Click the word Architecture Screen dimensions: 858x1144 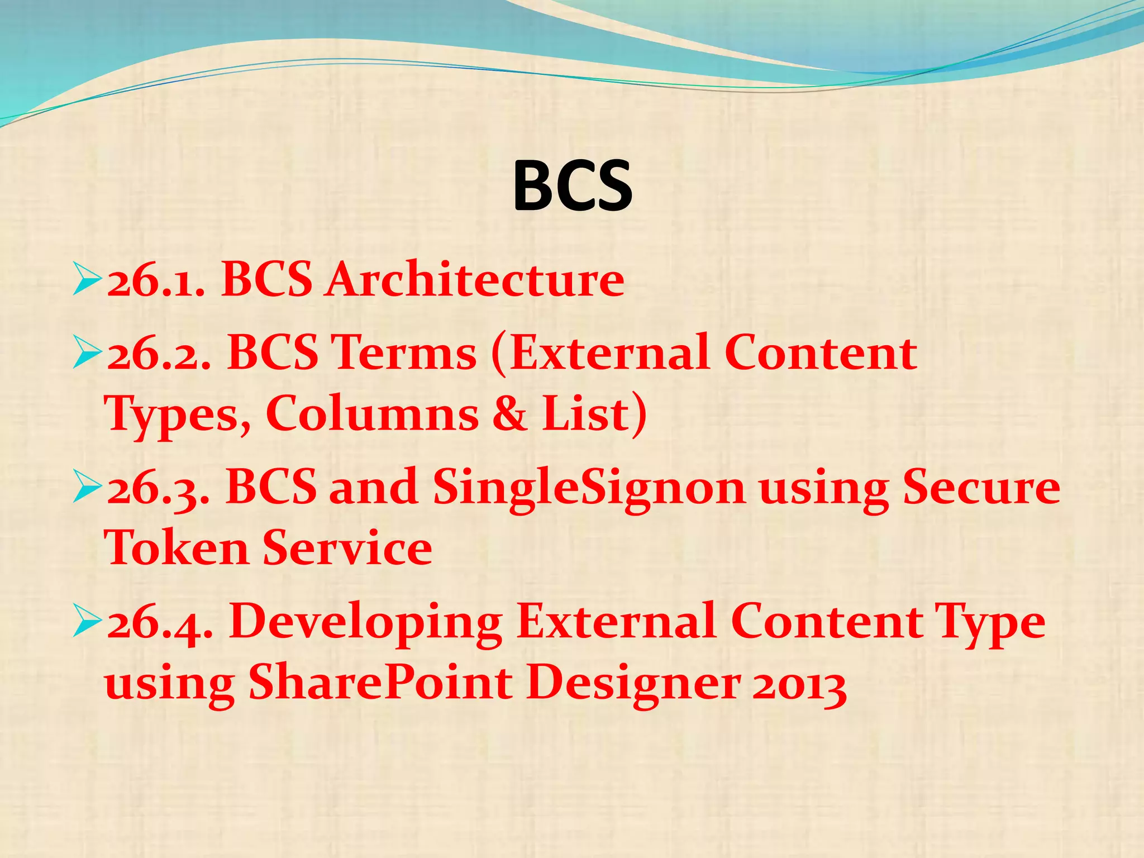coord(475,279)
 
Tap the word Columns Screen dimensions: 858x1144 coord(372,414)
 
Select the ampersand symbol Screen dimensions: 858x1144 coord(509,414)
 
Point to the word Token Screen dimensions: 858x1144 coord(177,548)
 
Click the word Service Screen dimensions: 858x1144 coord(347,548)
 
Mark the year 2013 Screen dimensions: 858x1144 coord(799,685)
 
